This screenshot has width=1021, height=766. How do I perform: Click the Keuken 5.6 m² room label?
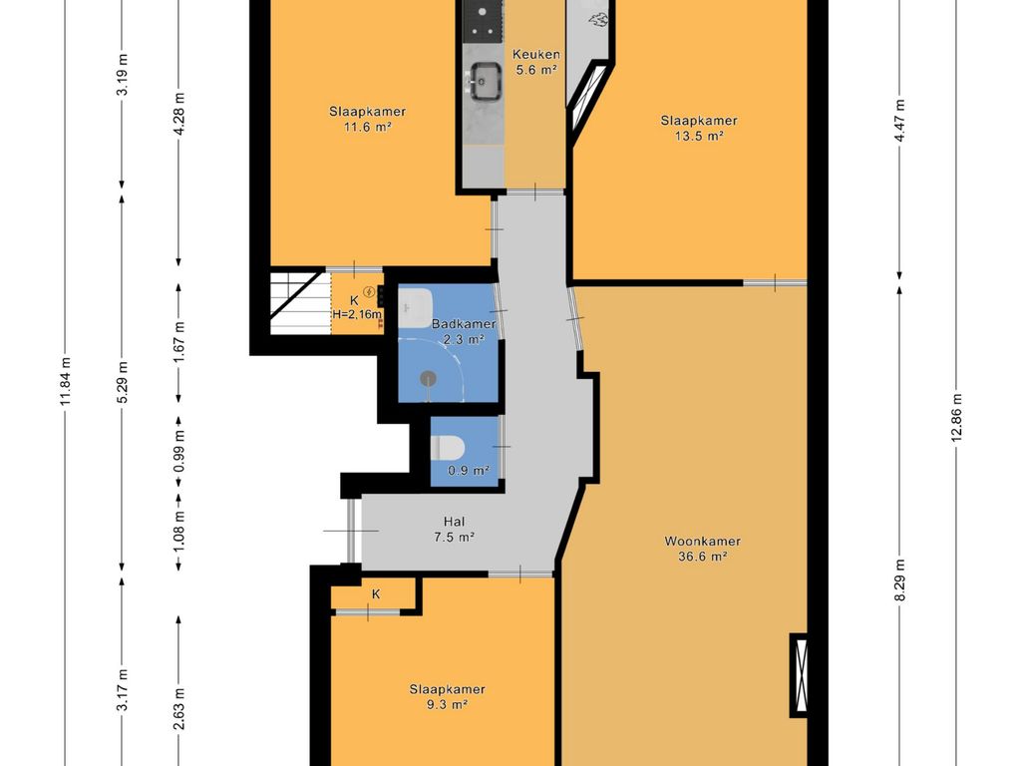tap(535, 62)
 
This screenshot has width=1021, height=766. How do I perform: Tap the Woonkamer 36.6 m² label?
tap(702, 549)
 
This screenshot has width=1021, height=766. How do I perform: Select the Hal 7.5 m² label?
tap(454, 529)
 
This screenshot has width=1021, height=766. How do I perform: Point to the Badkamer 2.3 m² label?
tap(464, 331)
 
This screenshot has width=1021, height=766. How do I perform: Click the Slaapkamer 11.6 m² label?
tap(367, 120)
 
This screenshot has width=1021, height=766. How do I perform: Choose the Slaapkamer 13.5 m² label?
tap(699, 128)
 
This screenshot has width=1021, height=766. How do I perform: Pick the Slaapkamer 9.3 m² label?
tap(447, 697)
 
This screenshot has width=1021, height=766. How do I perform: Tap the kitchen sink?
tap(484, 81)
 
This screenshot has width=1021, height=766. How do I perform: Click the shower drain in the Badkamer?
tap(428, 378)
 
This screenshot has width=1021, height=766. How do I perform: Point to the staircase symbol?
tap(296, 301)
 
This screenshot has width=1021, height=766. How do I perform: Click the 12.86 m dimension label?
tap(956, 418)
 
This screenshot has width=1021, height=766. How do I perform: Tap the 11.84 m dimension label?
tap(65, 382)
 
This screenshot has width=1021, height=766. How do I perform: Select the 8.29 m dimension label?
tap(900, 581)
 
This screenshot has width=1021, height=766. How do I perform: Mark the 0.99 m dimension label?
tap(179, 451)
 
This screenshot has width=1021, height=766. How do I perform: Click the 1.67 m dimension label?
tap(179, 342)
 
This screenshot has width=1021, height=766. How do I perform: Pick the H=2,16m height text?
tap(357, 314)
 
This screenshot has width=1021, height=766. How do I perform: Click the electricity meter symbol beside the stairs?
tap(369, 292)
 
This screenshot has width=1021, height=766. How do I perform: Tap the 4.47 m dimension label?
tap(900, 121)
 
